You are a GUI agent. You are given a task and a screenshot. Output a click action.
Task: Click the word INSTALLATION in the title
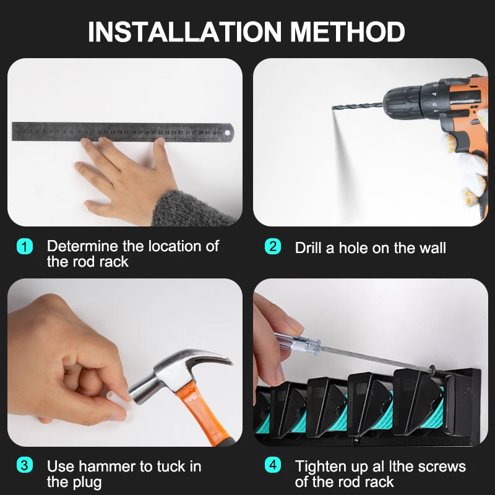click(x=184, y=32)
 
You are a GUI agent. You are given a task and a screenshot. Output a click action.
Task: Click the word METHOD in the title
click(x=347, y=32)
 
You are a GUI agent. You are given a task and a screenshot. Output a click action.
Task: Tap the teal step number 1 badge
click(x=25, y=246)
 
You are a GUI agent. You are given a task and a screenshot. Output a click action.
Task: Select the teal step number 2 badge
click(x=273, y=246)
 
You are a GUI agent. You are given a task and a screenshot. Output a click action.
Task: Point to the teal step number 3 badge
click(x=25, y=465)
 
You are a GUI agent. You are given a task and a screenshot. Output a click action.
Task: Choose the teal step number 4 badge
click(x=273, y=465)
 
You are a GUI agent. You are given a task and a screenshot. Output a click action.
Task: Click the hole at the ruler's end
click(x=227, y=132)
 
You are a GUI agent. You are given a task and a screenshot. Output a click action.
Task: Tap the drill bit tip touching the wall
click(x=333, y=108)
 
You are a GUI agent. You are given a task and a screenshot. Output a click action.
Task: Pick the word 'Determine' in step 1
click(x=83, y=246)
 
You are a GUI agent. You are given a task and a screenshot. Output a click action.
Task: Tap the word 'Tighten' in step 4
click(x=320, y=467)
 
